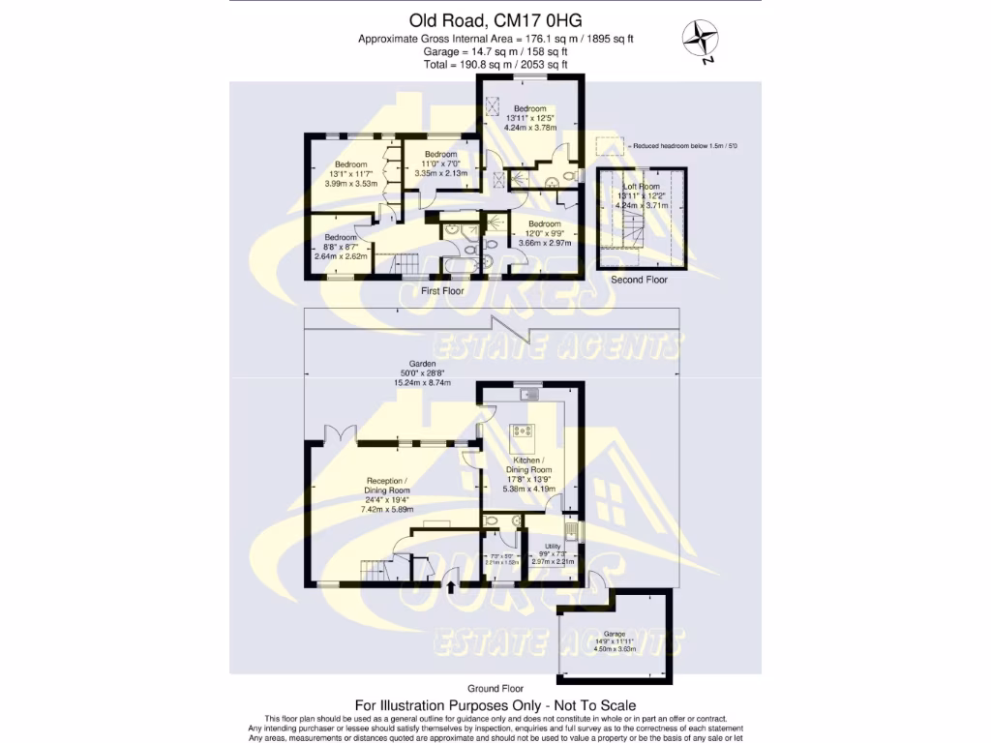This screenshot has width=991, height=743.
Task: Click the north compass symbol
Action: pyautogui.click(x=702, y=40)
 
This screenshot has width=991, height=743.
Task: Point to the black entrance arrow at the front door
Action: pyautogui.click(x=452, y=583)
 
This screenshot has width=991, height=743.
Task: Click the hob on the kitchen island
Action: pyautogui.click(x=524, y=430)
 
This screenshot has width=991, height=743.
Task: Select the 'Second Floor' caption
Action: pyautogui.click(x=639, y=280)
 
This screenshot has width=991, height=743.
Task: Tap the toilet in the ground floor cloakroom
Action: pyautogui.click(x=492, y=520)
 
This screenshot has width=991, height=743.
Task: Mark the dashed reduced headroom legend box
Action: pyautogui.click(x=609, y=145)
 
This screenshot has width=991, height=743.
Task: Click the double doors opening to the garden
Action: pyautogui.click(x=335, y=434)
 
